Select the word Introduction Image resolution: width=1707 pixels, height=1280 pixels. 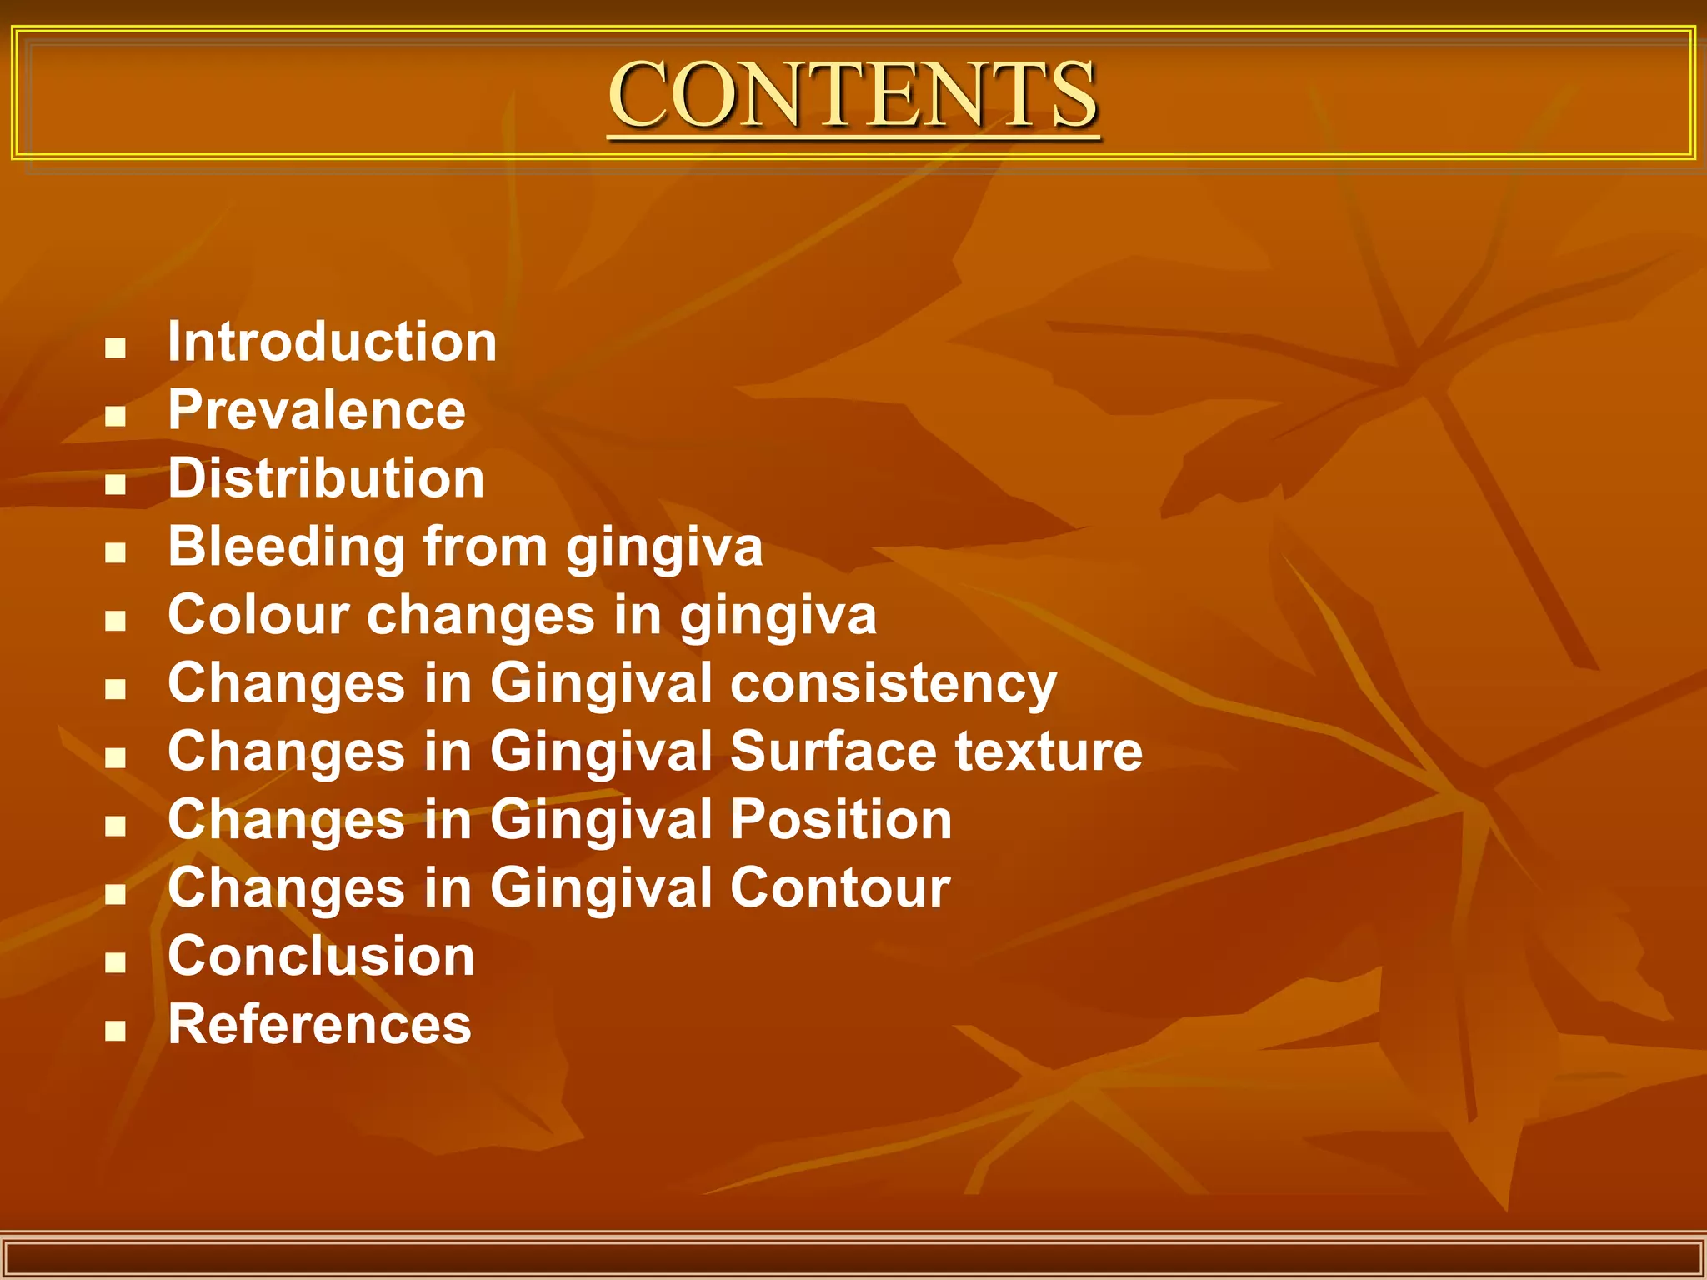[332, 342]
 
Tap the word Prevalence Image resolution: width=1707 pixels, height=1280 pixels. [317, 410]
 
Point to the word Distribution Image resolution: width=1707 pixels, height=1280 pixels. [326, 478]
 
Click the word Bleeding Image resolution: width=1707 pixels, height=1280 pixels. [286, 547]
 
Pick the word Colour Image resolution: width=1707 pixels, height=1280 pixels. [258, 615]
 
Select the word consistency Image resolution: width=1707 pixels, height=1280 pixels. [894, 685]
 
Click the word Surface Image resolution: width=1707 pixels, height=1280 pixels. [833, 752]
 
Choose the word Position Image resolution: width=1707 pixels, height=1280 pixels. [841, 820]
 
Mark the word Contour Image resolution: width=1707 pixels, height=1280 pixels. [840, 888]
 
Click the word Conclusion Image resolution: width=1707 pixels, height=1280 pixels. [321, 956]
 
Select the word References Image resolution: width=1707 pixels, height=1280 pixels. [319, 1024]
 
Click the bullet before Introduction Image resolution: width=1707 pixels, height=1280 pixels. [116, 347]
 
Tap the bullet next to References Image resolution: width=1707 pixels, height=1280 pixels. [116, 1031]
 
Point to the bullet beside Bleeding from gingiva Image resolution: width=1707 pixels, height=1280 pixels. [116, 552]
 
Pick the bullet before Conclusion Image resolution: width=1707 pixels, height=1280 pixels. [116, 962]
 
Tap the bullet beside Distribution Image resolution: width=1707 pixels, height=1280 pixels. [116, 484]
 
